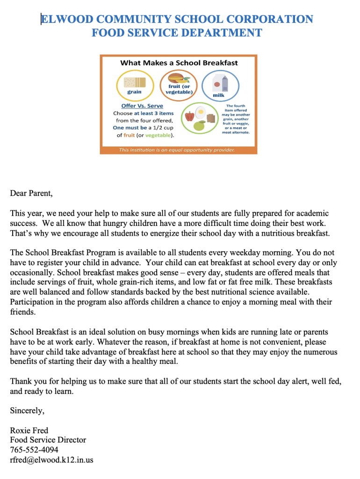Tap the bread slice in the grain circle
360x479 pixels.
tap(134, 82)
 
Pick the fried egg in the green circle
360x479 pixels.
tap(201, 112)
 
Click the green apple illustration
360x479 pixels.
tap(200, 125)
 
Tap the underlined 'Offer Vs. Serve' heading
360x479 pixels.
tap(142, 106)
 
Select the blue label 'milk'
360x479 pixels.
tap(218, 95)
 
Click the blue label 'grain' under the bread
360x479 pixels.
tap(134, 92)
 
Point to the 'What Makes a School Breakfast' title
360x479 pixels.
tap(179, 63)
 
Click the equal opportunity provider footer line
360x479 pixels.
tap(177, 150)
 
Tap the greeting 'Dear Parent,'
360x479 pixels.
tap(31, 193)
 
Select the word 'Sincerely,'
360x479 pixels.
tap(27, 411)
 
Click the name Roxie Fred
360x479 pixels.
tap(29, 430)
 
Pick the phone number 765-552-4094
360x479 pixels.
tap(34, 450)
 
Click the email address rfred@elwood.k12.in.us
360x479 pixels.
tap(51, 460)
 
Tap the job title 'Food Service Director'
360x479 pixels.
tap(48, 440)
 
